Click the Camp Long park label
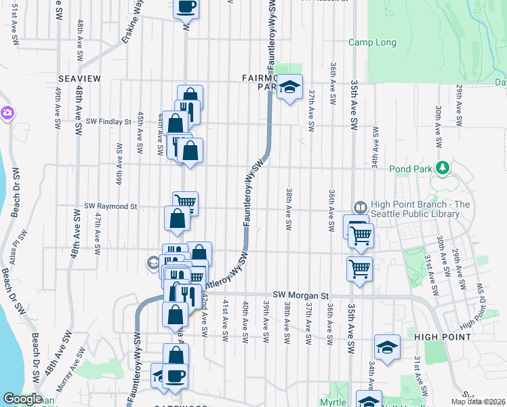[372, 42]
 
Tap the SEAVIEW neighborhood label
[79, 79]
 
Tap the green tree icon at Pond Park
[442, 167]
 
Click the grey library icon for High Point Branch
[360, 208]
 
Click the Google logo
[22, 399]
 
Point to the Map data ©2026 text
[478, 401]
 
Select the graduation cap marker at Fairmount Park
[289, 88]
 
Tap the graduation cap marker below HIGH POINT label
[387, 347]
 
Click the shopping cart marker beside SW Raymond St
[185, 202]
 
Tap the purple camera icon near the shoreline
[7, 113]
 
